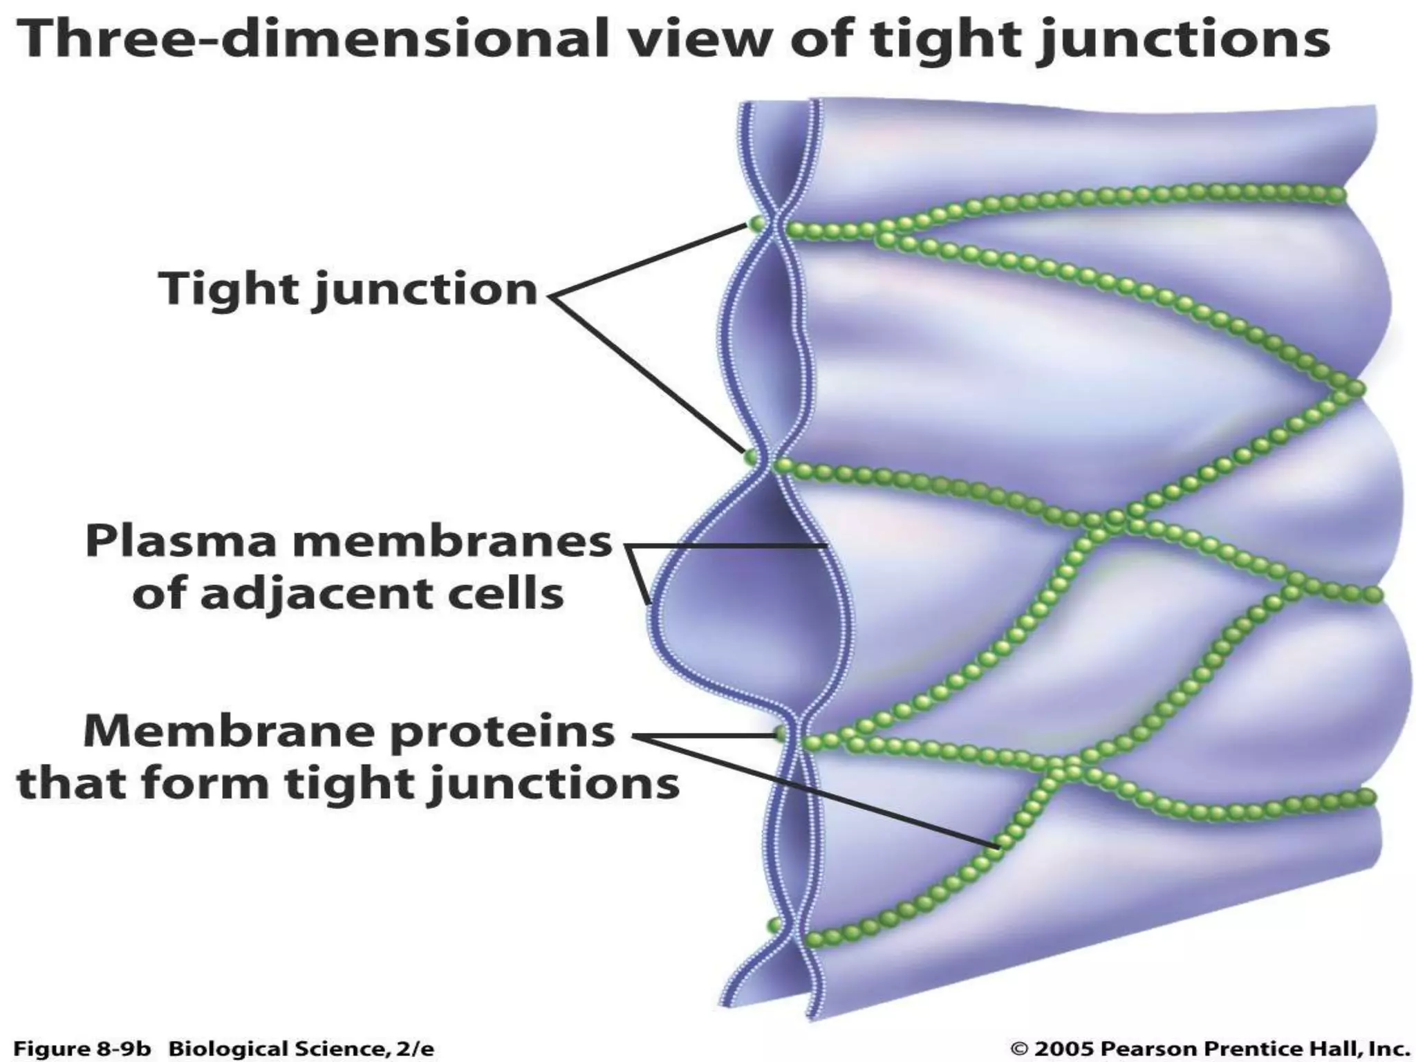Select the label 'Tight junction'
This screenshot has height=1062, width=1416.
click(348, 289)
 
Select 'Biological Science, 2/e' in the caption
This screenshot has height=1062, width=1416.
click(301, 1049)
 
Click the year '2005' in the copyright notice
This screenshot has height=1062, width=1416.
click(1064, 1048)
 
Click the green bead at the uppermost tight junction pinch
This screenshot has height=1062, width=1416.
click(756, 224)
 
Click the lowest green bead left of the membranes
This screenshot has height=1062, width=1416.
click(774, 924)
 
